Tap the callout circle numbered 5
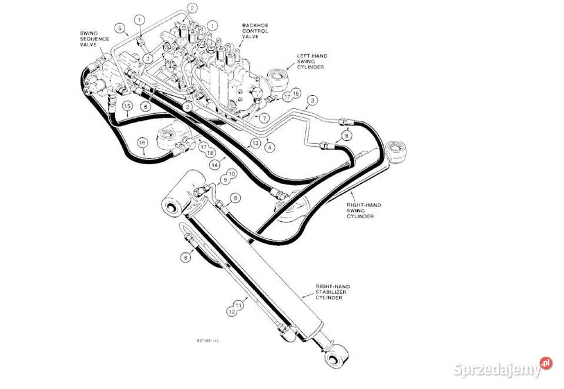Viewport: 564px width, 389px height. pos(120,28)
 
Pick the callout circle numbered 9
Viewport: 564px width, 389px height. pos(224,180)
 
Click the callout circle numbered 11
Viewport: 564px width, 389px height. pos(239,306)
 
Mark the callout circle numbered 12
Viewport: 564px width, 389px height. pos(231,312)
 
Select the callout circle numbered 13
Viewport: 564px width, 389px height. pos(255,143)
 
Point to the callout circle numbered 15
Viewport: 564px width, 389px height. pos(127,106)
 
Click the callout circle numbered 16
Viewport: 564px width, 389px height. pos(142,143)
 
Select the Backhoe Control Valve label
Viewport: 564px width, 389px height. pos(255,31)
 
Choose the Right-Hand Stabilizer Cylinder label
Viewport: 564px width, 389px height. pos(333,292)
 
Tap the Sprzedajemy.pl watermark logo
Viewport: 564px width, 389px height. pos(503,368)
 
